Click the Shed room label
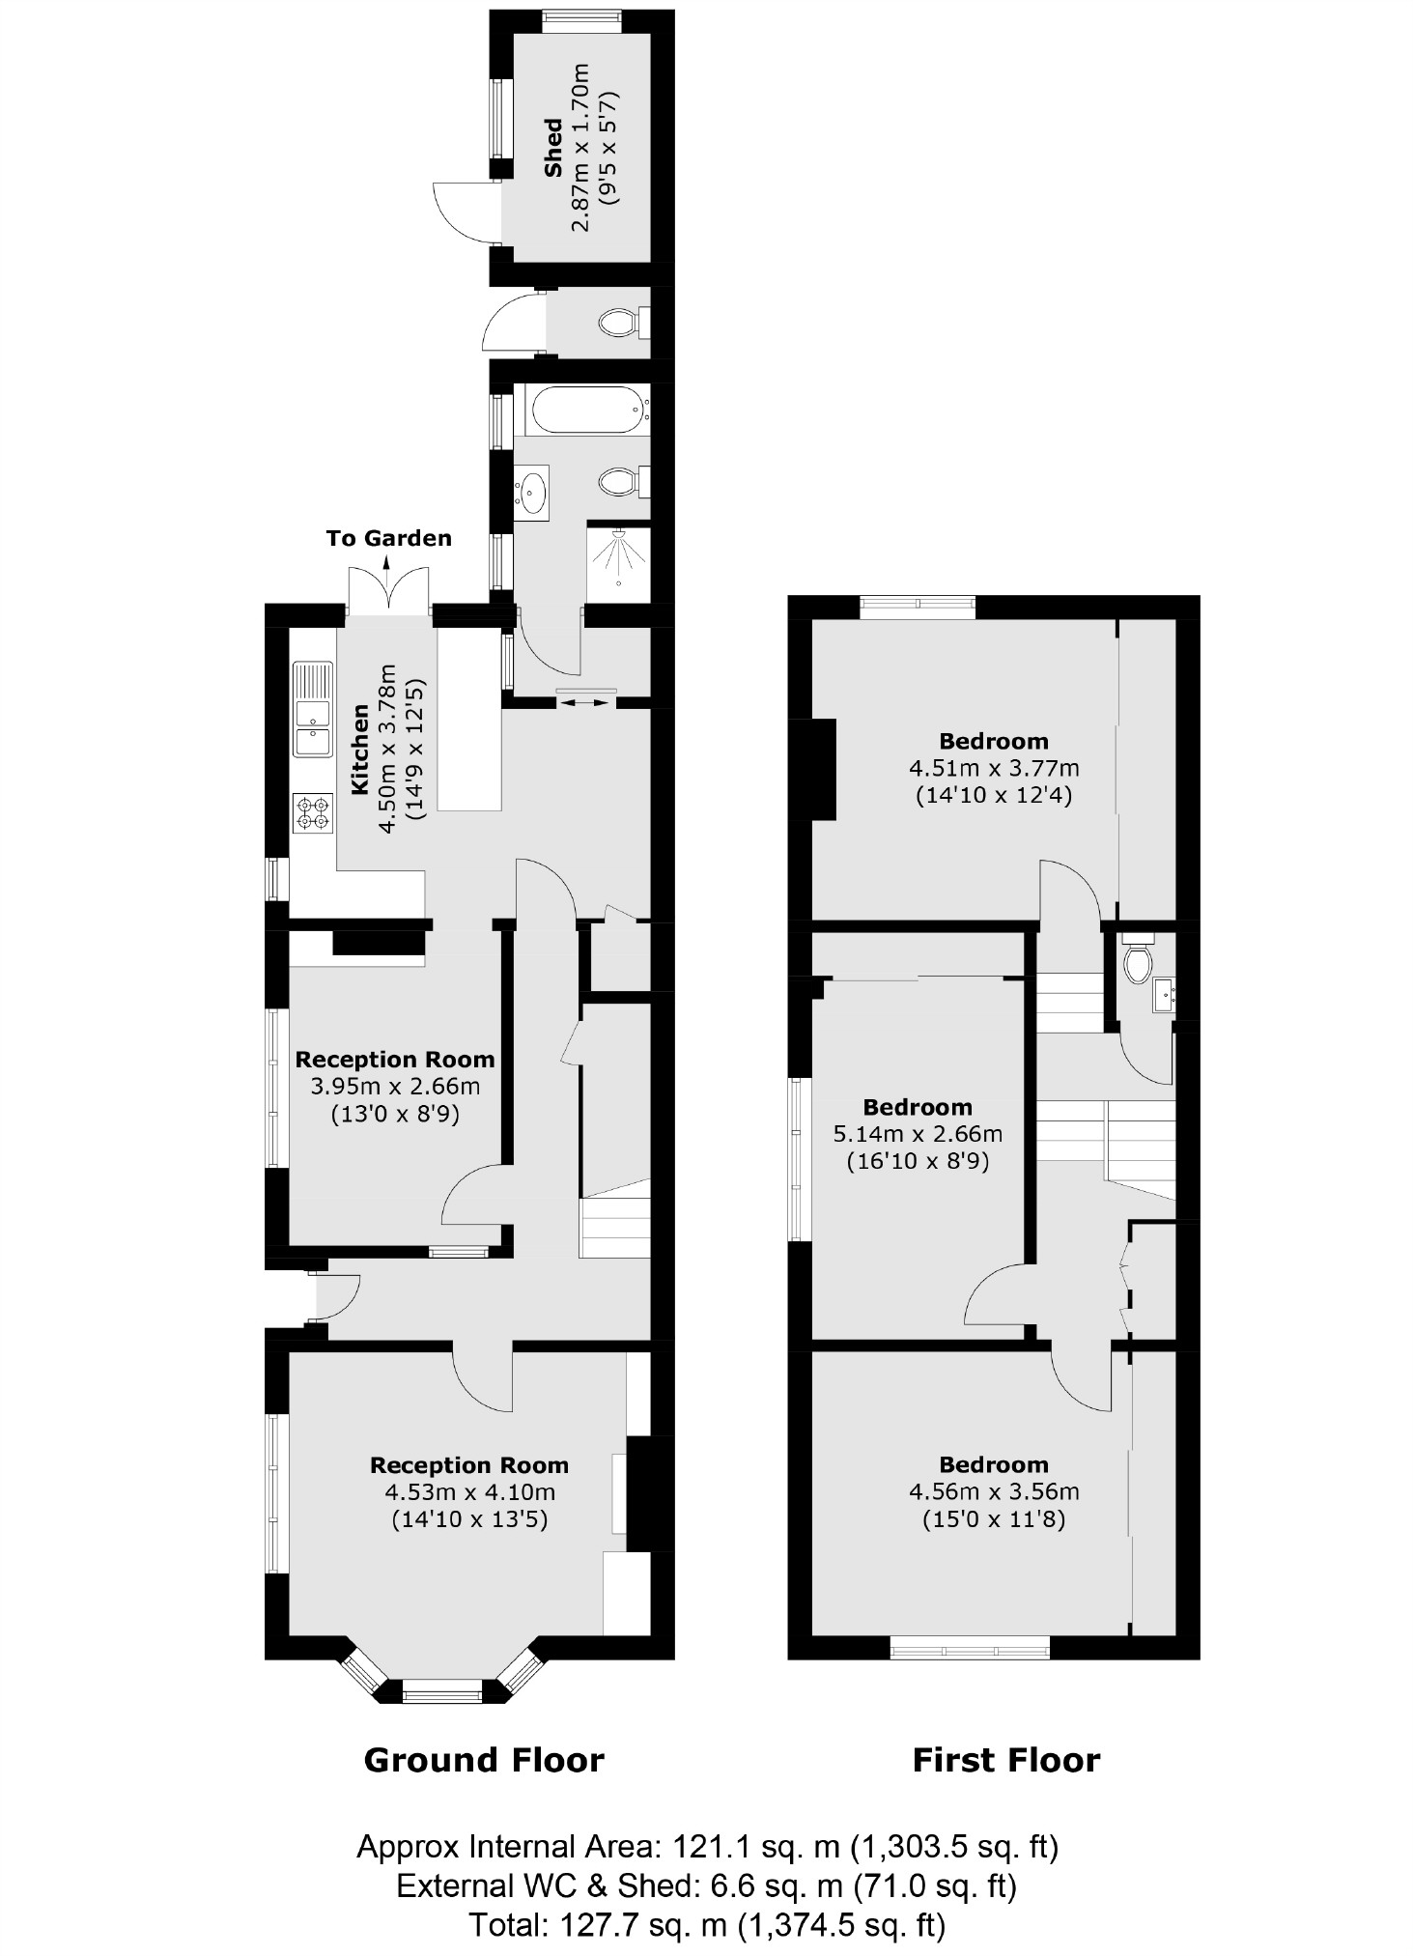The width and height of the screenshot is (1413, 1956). (553, 148)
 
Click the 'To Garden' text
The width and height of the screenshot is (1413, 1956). (388, 538)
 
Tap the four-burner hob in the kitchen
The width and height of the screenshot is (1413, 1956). (312, 811)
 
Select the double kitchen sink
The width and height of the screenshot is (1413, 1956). (312, 711)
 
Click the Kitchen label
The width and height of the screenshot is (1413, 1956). (359, 750)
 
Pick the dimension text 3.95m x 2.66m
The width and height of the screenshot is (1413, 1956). (395, 1087)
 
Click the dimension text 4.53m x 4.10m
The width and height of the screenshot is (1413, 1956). (469, 1491)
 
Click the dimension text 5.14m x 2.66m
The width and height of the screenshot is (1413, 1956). (918, 1134)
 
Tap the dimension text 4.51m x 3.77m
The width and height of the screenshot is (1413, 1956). (994, 769)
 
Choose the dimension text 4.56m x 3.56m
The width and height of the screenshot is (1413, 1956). (994, 1491)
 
